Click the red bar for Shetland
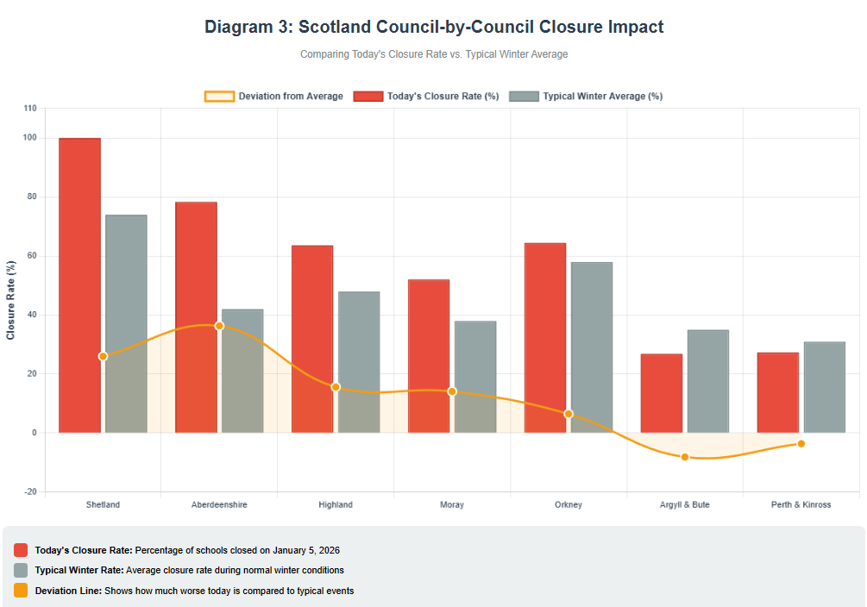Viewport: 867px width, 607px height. point(79,285)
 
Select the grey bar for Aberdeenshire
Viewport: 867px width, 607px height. point(242,371)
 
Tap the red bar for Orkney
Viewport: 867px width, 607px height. point(545,337)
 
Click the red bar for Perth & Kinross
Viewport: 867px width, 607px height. point(778,392)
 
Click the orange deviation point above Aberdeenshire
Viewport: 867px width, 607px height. point(219,326)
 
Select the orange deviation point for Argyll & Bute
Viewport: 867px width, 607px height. point(685,457)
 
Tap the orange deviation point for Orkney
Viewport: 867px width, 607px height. point(569,414)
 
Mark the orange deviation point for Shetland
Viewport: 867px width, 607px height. point(103,356)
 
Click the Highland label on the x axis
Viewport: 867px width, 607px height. point(336,504)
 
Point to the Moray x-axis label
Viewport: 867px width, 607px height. point(452,504)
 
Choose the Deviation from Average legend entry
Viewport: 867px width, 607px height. point(273,97)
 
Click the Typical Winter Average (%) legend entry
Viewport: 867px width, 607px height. point(587,97)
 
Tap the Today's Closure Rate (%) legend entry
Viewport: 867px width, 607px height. point(427,97)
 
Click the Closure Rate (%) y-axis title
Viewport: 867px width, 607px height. point(11,300)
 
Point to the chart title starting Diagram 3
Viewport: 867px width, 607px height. point(434,27)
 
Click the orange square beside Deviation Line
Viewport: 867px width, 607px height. point(21,591)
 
